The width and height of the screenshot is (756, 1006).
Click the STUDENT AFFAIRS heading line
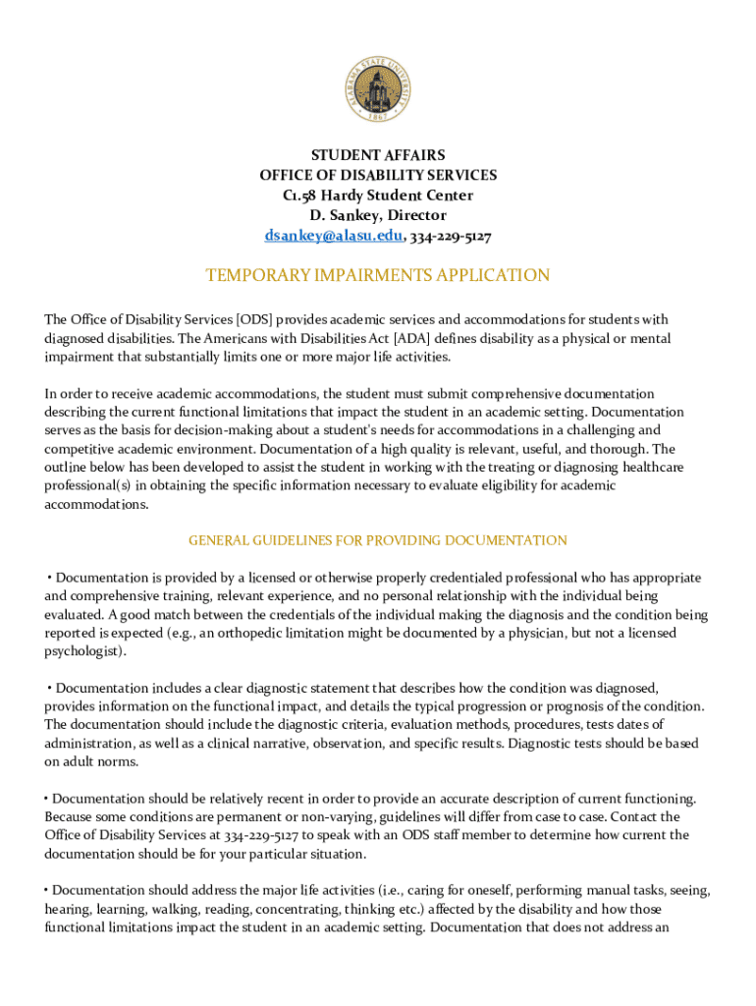[x=378, y=155]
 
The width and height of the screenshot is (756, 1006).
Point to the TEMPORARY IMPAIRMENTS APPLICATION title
[x=378, y=276]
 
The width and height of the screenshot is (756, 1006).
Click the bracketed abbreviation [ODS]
[x=254, y=319]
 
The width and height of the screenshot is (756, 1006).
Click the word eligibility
[x=540, y=486]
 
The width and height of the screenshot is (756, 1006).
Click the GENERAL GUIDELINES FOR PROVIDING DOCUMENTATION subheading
[x=378, y=540]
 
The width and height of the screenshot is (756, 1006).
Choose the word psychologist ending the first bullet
[x=82, y=651]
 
